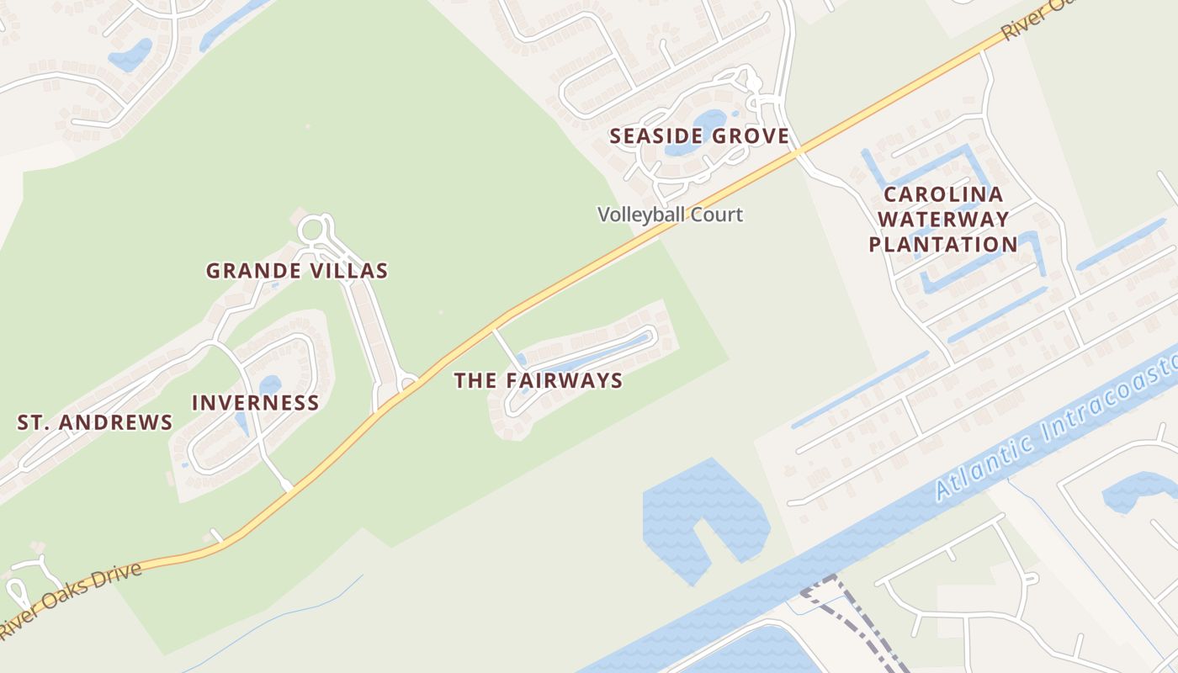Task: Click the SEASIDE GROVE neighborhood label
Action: [699, 135]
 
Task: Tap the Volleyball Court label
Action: [670, 215]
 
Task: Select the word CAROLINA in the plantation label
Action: [942, 195]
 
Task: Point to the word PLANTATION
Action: [942, 245]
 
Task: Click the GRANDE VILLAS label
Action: [297, 271]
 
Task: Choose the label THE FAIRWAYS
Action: [539, 380]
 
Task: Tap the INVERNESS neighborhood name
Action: [256, 403]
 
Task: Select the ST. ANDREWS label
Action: [95, 422]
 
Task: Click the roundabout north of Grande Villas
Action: [311, 229]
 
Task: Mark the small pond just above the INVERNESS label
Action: [270, 384]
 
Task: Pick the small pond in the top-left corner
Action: [130, 55]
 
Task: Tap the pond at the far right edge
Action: [1140, 488]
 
